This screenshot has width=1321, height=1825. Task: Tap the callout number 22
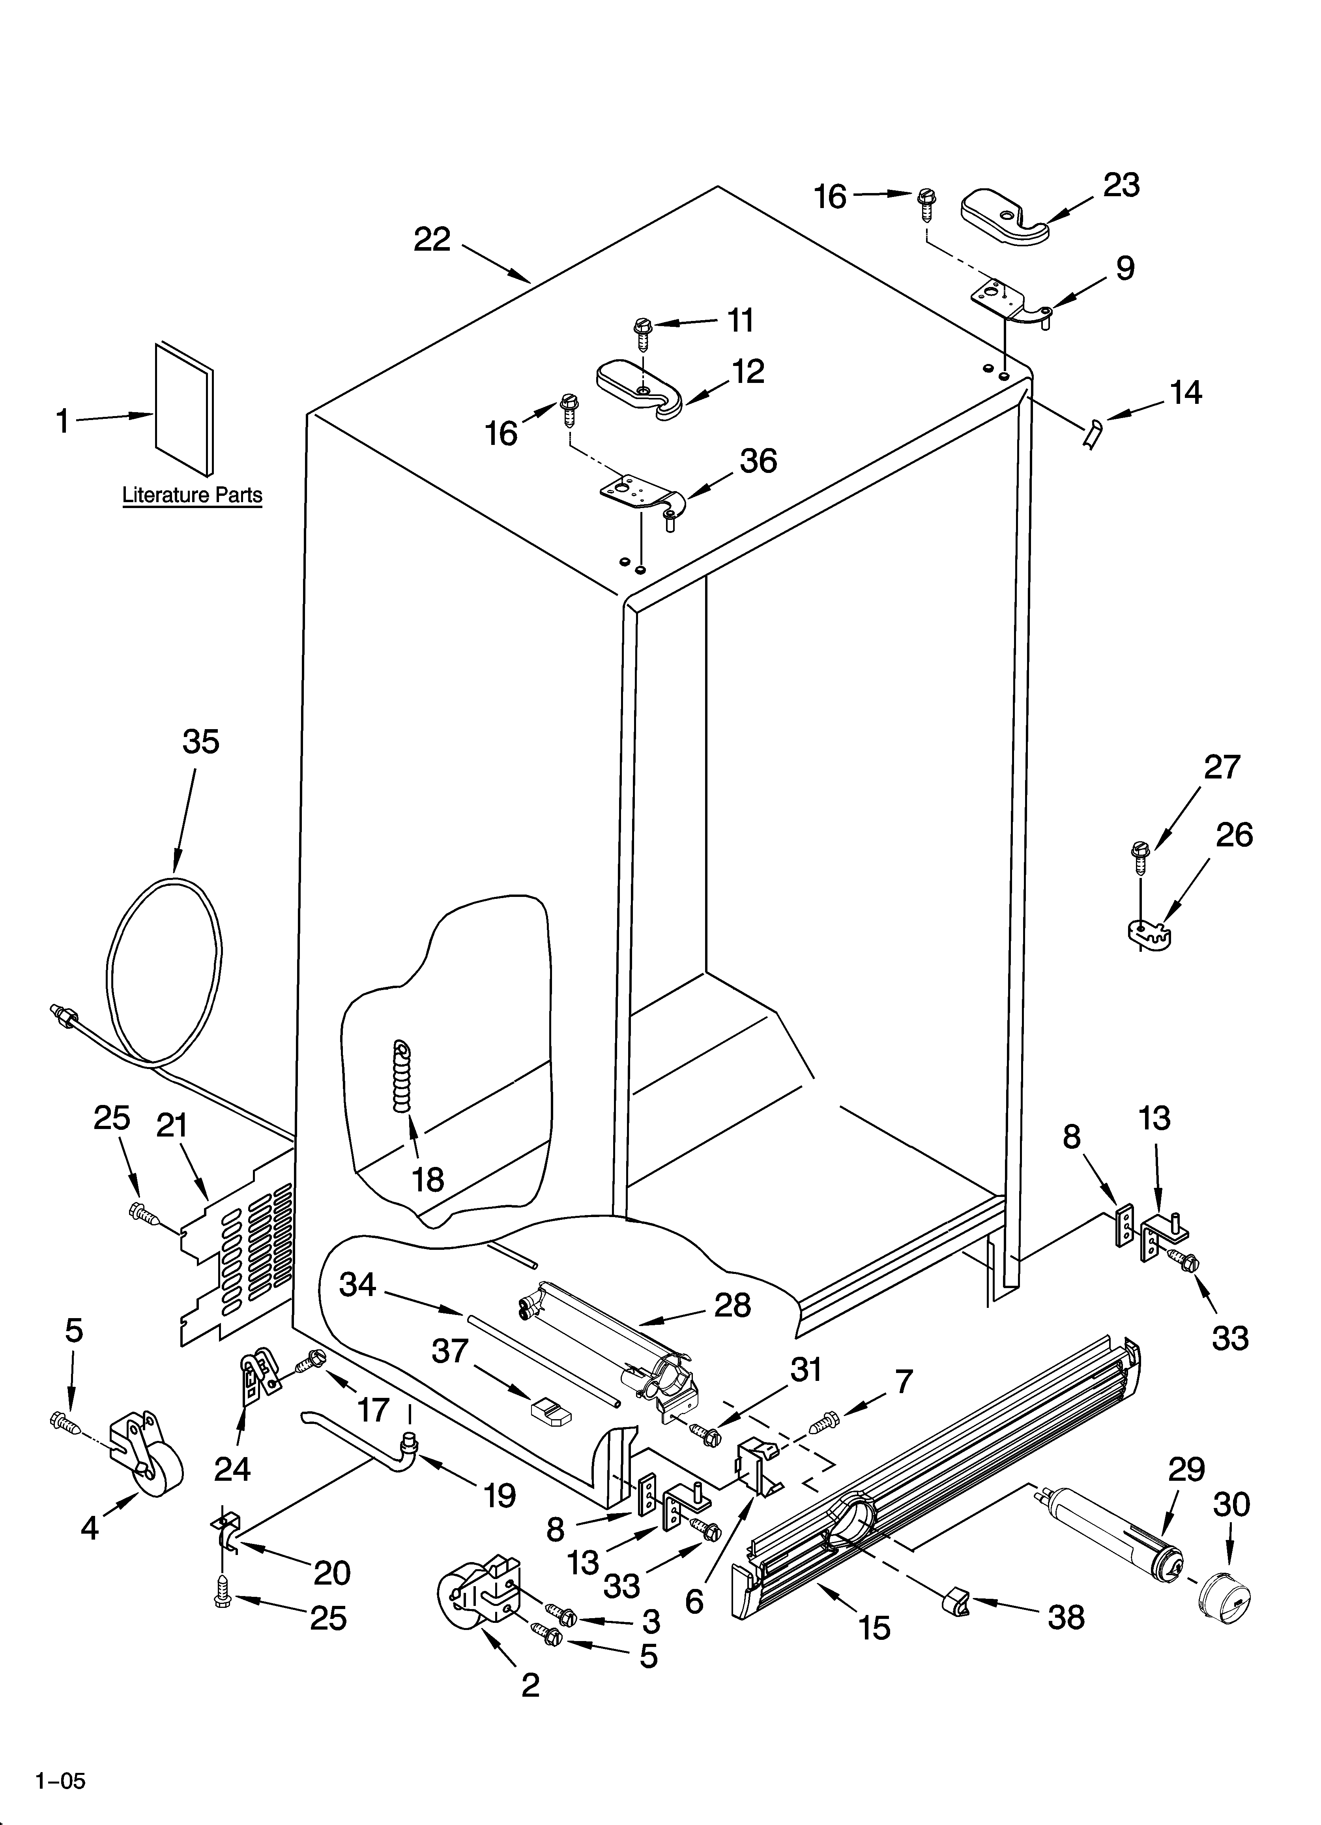(x=432, y=240)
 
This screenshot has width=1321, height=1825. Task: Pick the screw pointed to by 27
(x=1139, y=856)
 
